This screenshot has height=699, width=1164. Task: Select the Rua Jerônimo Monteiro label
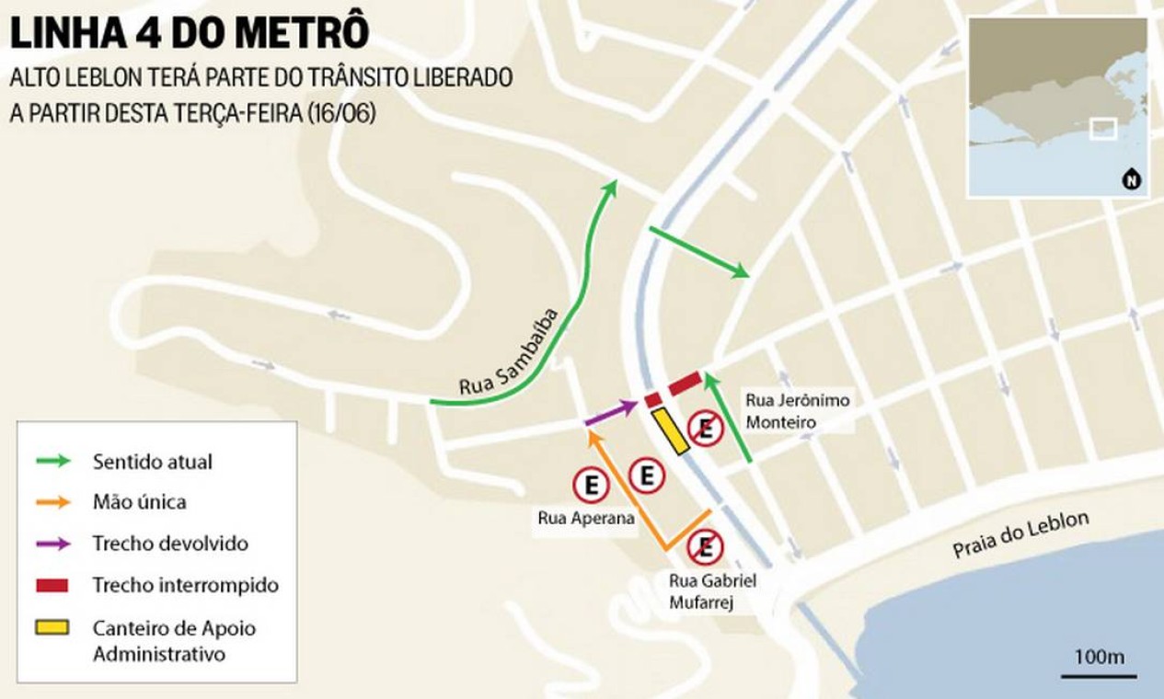point(797,410)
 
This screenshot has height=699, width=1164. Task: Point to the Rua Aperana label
point(586,518)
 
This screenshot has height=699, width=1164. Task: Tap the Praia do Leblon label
point(1020,534)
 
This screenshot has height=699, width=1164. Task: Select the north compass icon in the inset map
point(1131,180)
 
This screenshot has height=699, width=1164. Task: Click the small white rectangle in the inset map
point(1102,129)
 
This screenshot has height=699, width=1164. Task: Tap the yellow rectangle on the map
point(671,431)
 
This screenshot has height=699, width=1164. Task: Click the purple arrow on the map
point(611,413)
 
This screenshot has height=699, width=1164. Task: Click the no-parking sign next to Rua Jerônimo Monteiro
point(706,428)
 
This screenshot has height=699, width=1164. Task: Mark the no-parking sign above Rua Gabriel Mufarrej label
point(705,547)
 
